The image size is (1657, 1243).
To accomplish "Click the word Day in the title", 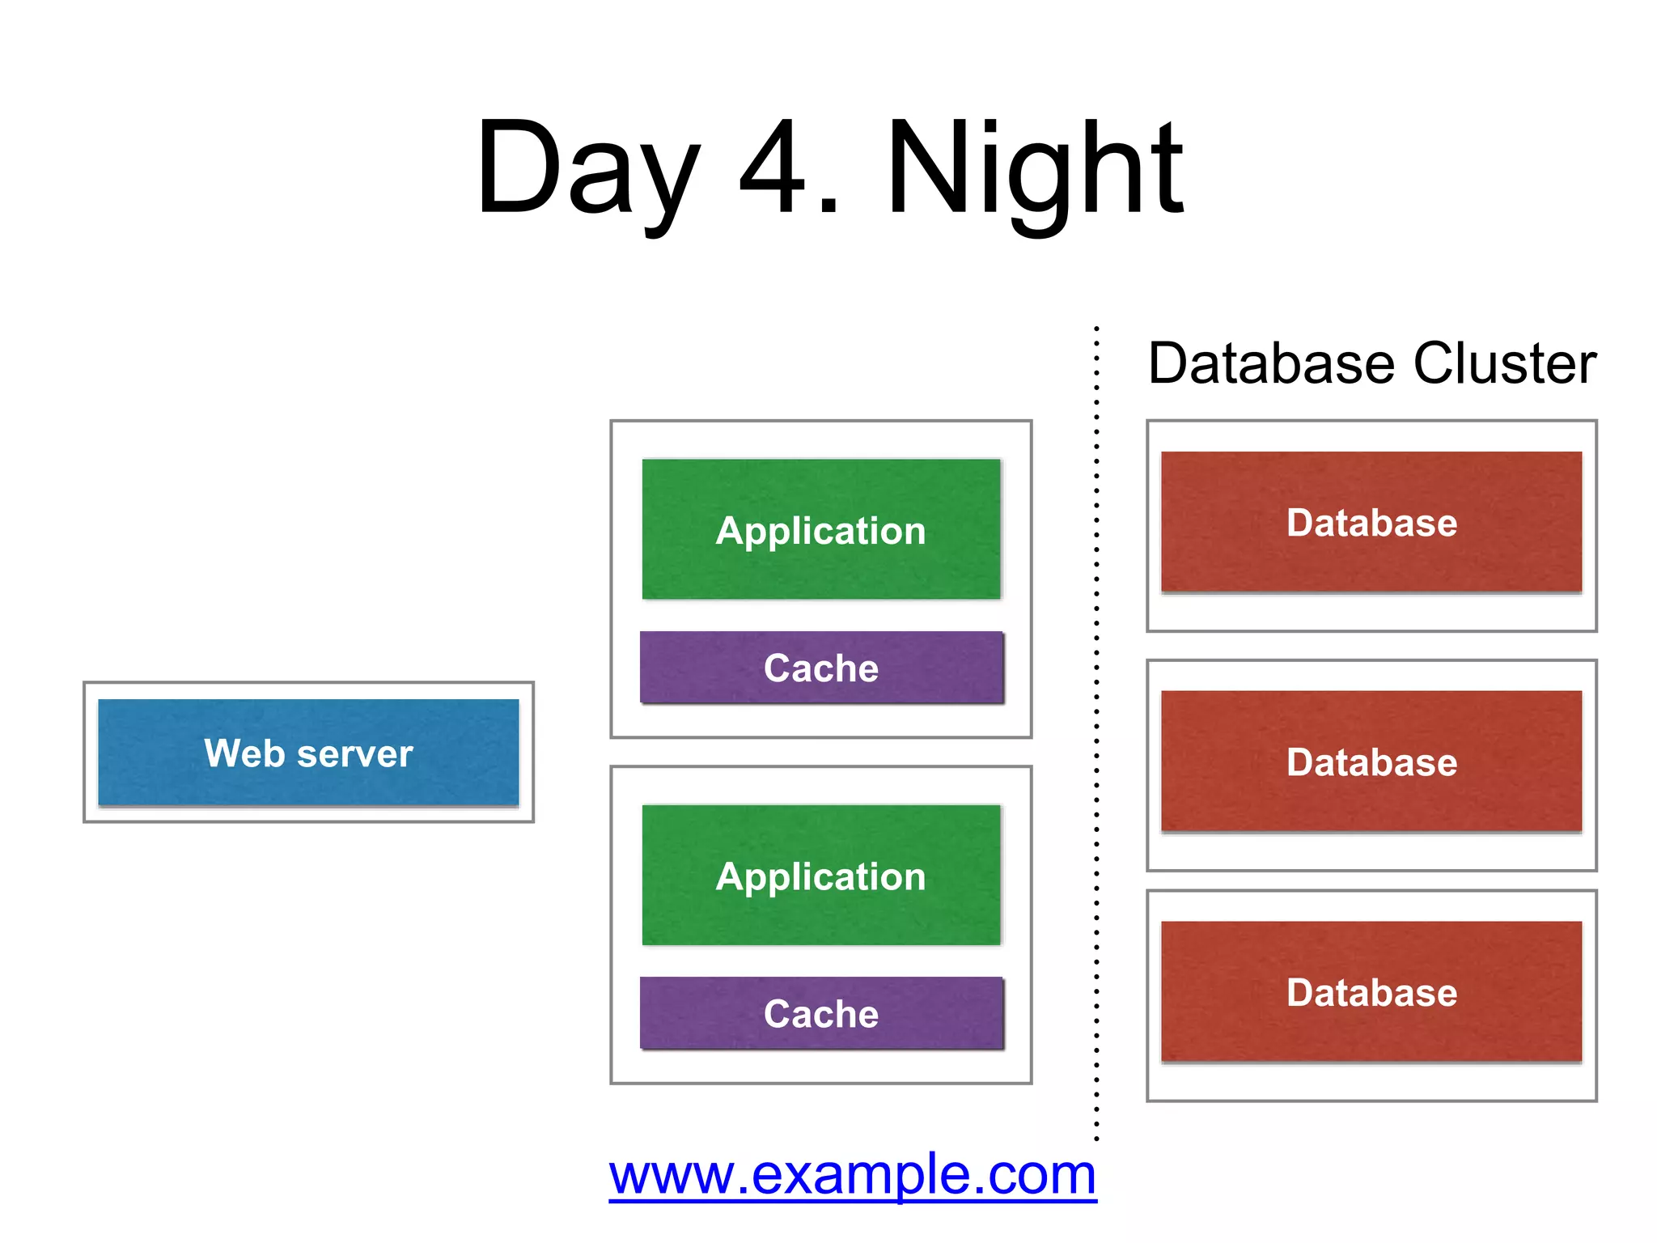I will [x=587, y=170].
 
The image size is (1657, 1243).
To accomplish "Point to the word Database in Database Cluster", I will [x=1271, y=363].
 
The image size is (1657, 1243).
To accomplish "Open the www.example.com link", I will [x=852, y=1175].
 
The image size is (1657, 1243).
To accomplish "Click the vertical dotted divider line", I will [x=1096, y=728].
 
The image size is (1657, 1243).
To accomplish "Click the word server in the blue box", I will [x=355, y=754].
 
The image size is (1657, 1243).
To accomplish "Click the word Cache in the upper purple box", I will [x=820, y=668].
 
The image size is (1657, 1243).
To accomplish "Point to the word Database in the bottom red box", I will [x=1371, y=993].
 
